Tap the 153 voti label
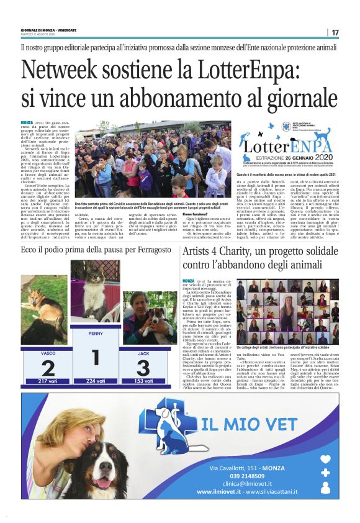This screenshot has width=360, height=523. click(x=143, y=380)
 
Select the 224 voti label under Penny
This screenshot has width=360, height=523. click(x=95, y=380)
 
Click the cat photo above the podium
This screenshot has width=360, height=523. click(x=95, y=299)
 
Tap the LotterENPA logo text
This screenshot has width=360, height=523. click(x=292, y=147)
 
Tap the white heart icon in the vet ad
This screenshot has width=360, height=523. click(x=325, y=460)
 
